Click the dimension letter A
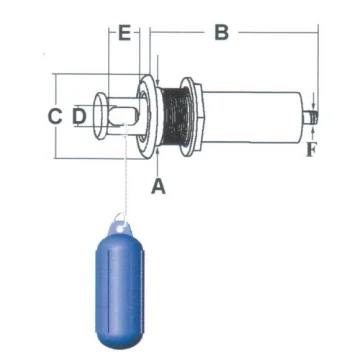coord(158,186)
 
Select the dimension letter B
coord(222,32)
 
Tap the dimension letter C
coord(55,116)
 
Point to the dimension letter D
coord(79,116)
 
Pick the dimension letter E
coord(124,33)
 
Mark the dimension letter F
coord(311,150)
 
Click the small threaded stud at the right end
coord(311,118)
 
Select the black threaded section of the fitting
coord(175,116)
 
